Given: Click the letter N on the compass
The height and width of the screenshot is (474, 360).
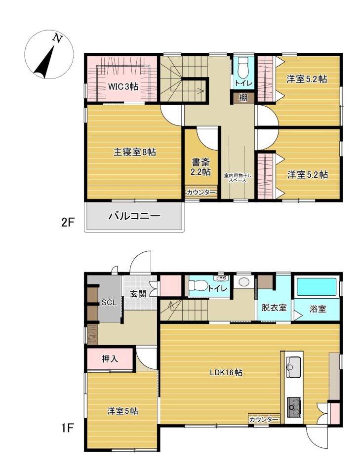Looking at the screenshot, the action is (57, 38).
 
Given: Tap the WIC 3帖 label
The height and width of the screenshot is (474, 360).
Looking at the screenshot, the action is (123, 87).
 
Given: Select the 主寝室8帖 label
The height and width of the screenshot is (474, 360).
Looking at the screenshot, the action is (134, 152).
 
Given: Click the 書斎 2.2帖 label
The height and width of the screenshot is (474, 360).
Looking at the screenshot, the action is (200, 167).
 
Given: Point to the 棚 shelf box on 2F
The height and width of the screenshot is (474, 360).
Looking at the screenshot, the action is (243, 98).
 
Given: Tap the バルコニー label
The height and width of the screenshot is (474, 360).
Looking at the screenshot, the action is (134, 216).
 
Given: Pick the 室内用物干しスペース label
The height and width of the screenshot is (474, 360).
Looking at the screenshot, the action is (237, 178).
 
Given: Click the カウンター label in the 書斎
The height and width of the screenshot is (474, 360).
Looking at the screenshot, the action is (201, 192).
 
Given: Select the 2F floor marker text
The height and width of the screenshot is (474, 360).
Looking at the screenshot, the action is (68, 223).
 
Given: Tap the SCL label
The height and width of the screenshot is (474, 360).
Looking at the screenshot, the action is (109, 303).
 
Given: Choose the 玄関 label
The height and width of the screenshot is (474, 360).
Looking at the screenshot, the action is (139, 294).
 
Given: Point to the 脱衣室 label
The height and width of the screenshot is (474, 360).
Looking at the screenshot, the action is (274, 308).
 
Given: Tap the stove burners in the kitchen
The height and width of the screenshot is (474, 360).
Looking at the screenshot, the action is (293, 406).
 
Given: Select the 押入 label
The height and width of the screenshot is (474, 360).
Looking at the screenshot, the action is (110, 359).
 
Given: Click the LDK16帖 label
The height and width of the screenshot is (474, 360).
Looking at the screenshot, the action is (226, 372).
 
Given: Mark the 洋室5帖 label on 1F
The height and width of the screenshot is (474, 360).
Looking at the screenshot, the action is (122, 411).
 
